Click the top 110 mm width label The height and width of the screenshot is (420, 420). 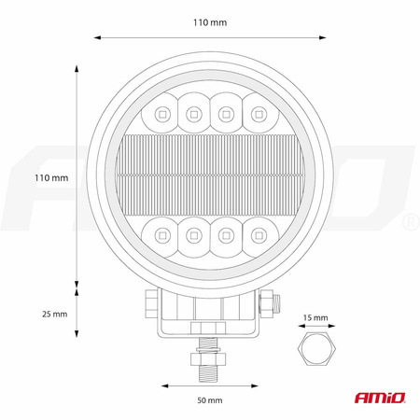pyautogui.click(x=210, y=22)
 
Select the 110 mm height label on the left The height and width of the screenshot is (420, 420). pyautogui.click(x=51, y=178)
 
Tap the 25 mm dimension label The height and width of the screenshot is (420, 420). pyautogui.click(x=55, y=314)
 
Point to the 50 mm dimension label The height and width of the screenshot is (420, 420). pyautogui.click(x=210, y=400)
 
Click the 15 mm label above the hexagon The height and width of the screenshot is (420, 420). pyautogui.click(x=315, y=317)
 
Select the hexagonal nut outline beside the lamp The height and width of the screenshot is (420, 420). pyautogui.click(x=316, y=348)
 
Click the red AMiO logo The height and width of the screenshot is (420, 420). pyautogui.click(x=380, y=398)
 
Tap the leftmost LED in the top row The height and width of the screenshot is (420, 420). pyautogui.click(x=162, y=115)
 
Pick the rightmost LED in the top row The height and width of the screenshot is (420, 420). pyautogui.click(x=259, y=115)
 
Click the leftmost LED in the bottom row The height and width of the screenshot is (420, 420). pyautogui.click(x=162, y=235)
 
